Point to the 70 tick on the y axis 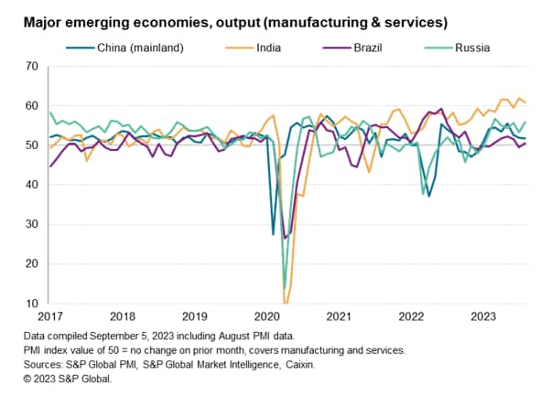coord(31,66)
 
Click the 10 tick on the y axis coord(31,304)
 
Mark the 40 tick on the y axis coord(31,185)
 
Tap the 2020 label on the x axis coord(266,317)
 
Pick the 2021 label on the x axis coord(338,317)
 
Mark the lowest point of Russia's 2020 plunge coord(286,287)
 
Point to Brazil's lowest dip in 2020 coord(286,238)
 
